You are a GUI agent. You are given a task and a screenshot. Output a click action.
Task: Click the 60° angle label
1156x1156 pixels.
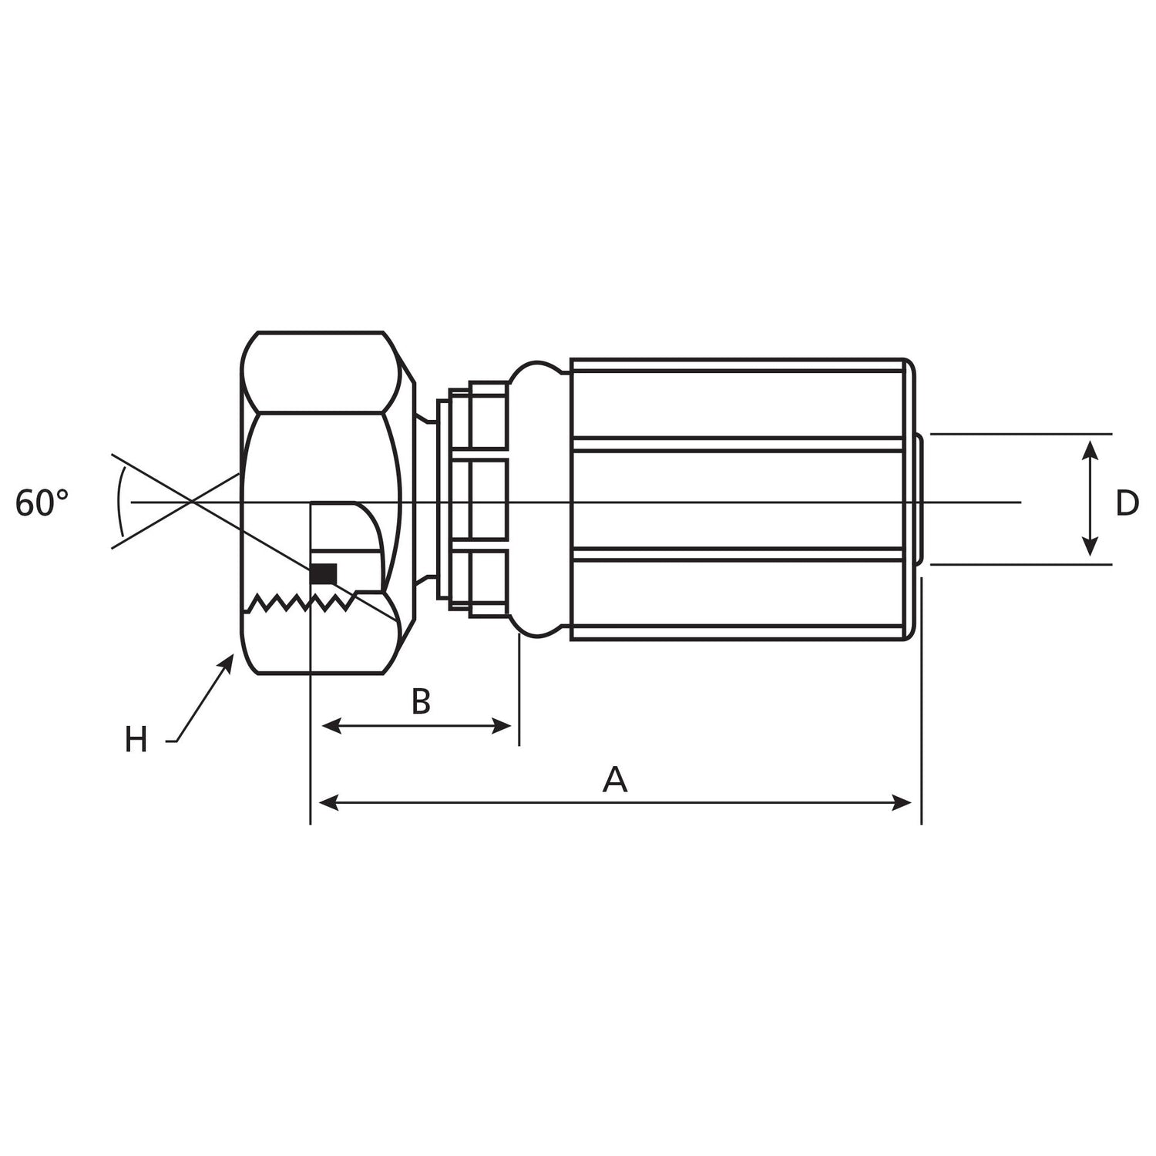(x=42, y=503)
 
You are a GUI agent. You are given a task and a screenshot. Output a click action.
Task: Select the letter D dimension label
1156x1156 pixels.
(x=1127, y=503)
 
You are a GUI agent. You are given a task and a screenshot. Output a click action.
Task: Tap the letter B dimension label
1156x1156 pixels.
(x=420, y=701)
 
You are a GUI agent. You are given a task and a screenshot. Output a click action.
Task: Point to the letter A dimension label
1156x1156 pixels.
(x=614, y=780)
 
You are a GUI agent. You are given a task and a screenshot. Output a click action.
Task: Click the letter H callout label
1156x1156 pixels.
(x=136, y=741)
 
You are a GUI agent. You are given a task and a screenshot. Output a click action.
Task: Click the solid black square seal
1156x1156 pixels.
(x=324, y=574)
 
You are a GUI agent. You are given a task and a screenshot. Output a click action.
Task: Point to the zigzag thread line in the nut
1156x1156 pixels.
(x=301, y=602)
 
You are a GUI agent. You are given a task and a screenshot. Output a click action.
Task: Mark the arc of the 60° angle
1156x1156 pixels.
(x=119, y=502)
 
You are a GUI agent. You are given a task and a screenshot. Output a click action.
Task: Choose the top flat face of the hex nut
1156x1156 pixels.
(x=320, y=372)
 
